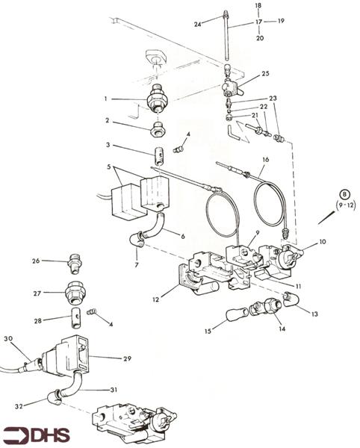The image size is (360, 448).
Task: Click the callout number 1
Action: coord(106,99)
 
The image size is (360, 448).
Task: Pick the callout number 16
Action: coord(265,160)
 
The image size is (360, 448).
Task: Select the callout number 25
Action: coord(264,74)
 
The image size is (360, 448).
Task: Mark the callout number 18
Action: coord(258,5)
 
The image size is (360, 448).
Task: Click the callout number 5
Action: coord(109,167)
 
